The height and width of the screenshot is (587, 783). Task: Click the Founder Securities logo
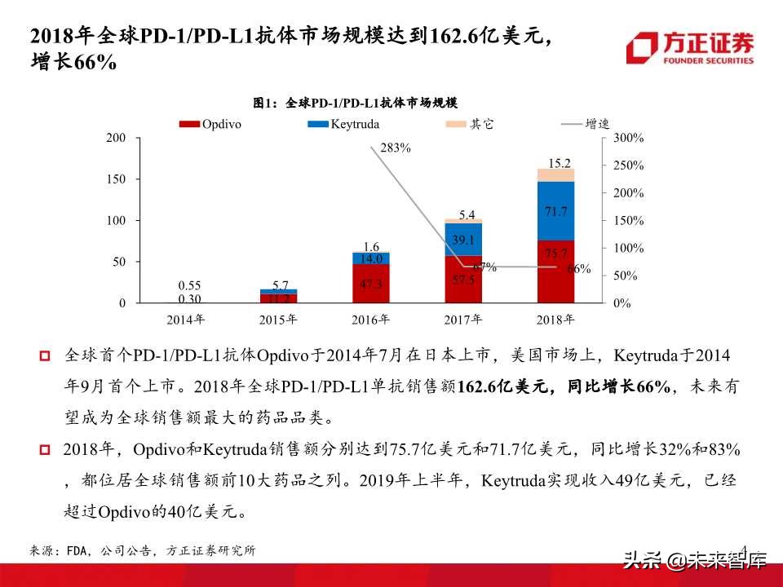[x=690, y=48]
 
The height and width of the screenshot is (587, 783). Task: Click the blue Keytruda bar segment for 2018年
[x=555, y=210]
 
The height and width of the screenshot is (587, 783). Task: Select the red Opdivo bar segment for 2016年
[x=371, y=284]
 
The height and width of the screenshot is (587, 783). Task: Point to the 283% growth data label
[x=395, y=148]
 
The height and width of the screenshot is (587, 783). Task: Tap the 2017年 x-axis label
[x=463, y=319]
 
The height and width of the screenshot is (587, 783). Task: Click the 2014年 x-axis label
[x=186, y=319]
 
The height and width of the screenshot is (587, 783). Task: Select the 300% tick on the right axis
[x=628, y=139]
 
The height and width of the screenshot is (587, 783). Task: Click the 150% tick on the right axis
[x=628, y=221]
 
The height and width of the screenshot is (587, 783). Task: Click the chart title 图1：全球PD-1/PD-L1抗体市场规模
[x=355, y=103]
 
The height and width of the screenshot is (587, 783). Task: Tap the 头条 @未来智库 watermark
[x=695, y=560]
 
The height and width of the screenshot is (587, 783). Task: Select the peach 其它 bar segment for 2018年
[x=555, y=174]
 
